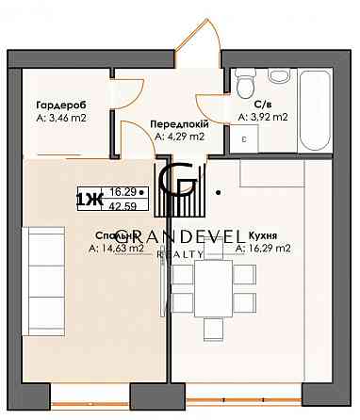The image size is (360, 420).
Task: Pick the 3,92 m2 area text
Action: (x=264, y=117)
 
